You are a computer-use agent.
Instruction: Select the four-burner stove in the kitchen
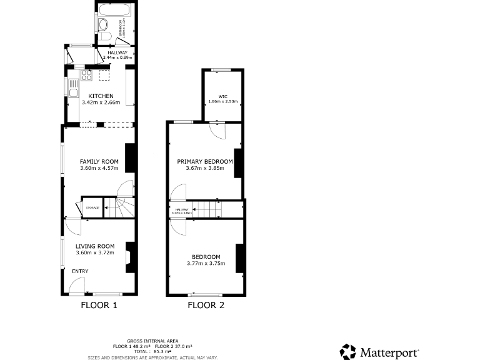(86, 76)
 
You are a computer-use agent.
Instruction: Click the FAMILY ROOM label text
(99, 162)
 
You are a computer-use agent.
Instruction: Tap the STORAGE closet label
(92, 207)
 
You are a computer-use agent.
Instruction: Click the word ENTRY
(80, 271)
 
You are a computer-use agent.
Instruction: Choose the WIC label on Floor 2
(222, 96)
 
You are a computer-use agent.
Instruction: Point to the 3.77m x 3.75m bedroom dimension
(206, 264)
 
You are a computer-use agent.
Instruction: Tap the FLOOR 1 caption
(99, 306)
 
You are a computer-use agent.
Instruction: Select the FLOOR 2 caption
(206, 306)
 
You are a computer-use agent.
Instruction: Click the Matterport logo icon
(347, 352)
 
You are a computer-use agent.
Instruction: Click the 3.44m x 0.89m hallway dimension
(116, 57)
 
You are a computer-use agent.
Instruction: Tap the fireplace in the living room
(129, 257)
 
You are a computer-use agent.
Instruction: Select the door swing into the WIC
(217, 130)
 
